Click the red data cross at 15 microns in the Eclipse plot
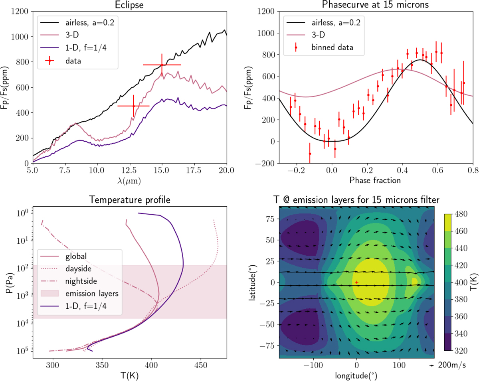tap(162, 65)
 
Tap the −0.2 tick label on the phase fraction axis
tap(295, 169)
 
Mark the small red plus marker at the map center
tap(356, 282)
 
